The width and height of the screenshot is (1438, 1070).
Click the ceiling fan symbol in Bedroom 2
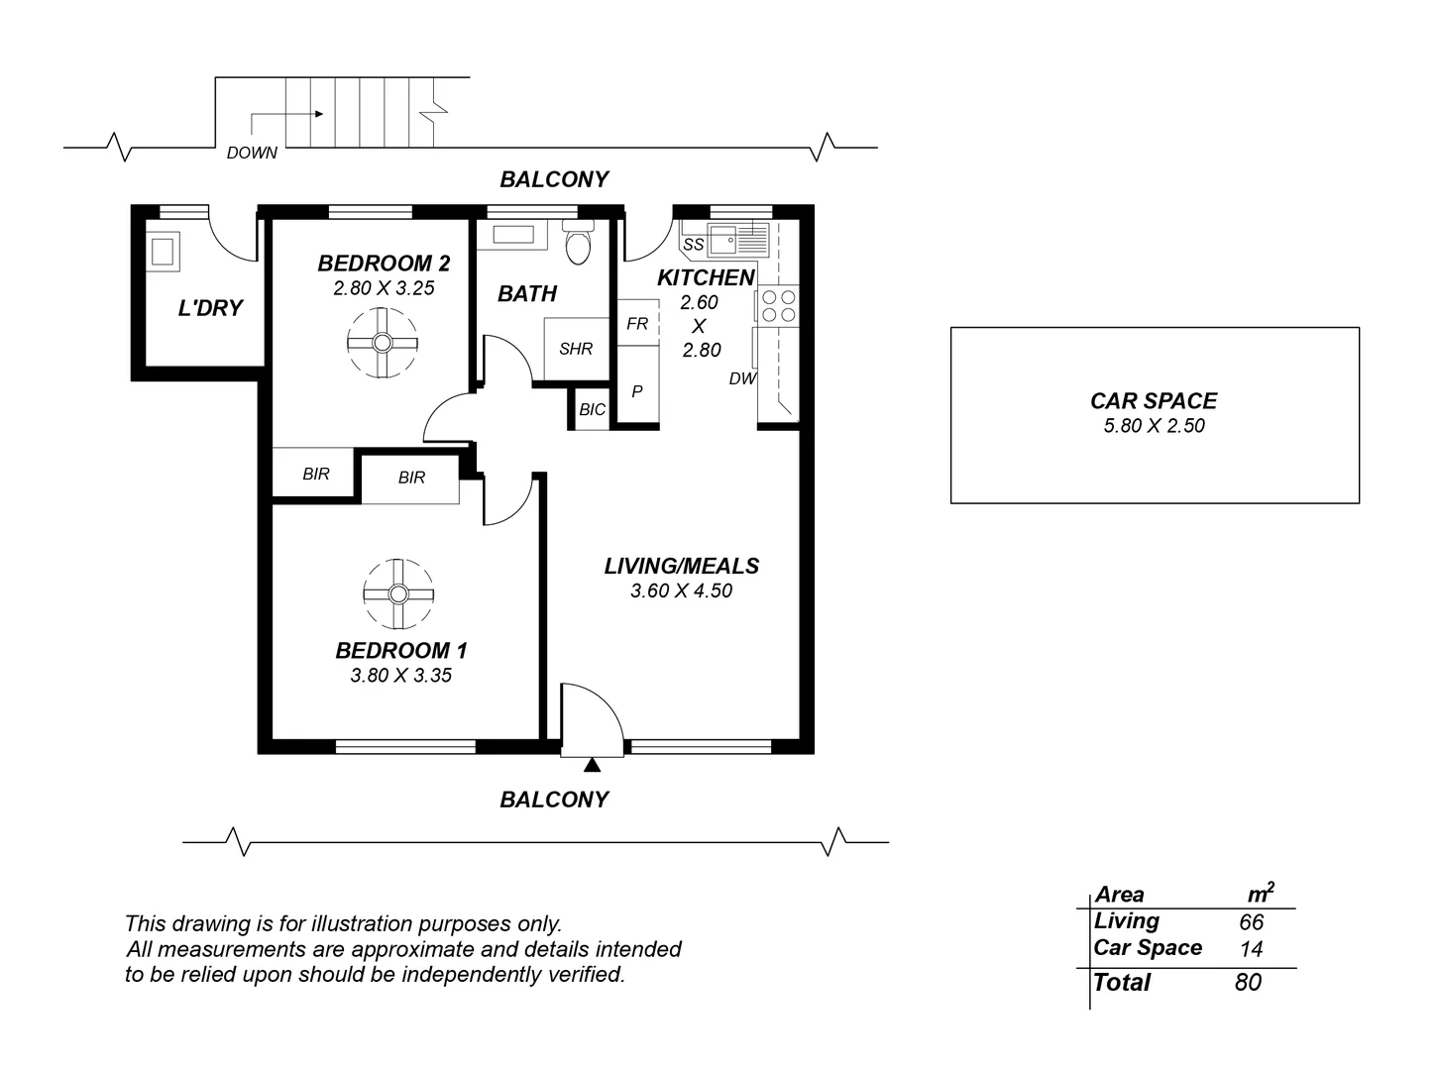tap(383, 343)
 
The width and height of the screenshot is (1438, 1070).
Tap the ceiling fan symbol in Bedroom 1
tap(398, 594)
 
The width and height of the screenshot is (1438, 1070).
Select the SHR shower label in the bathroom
tap(576, 349)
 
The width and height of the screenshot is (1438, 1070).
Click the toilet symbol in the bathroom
tap(577, 244)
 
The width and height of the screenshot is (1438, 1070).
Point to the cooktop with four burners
tap(779, 305)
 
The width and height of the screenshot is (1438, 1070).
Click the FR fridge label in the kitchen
tap(637, 324)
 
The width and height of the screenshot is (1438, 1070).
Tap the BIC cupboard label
tap(592, 409)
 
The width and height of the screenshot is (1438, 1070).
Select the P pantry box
tap(637, 391)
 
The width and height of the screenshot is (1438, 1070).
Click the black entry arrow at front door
tap(592, 764)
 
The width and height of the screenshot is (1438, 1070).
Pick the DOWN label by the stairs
tap(252, 154)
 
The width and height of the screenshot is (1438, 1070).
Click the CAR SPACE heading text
tap(1154, 401)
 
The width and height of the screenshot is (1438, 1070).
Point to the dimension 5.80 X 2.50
tap(1154, 426)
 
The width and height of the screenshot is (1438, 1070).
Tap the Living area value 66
tap(1251, 921)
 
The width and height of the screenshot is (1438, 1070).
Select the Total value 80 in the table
tap(1248, 983)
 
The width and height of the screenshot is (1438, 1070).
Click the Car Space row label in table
tap(1148, 948)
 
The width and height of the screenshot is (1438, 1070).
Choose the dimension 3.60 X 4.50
tap(681, 591)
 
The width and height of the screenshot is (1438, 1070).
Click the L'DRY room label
tap(210, 308)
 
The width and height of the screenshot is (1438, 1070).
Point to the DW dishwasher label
tap(743, 378)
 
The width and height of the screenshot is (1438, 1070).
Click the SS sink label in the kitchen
tap(694, 245)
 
